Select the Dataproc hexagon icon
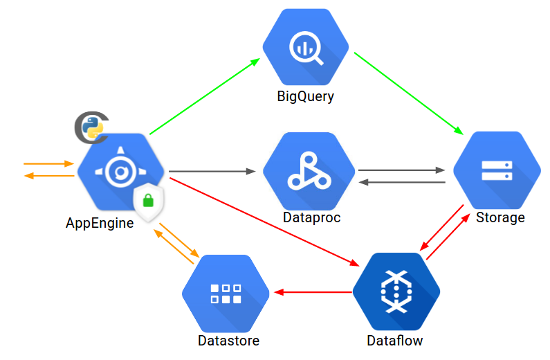(309, 171)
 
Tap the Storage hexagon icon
(496, 170)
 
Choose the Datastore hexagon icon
(226, 293)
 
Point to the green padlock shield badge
(148, 202)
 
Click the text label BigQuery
(305, 96)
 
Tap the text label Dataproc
(311, 217)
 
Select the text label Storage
(500, 217)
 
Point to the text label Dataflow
(394, 341)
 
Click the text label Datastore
(228, 341)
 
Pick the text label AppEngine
(100, 223)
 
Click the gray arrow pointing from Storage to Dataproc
(401, 182)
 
